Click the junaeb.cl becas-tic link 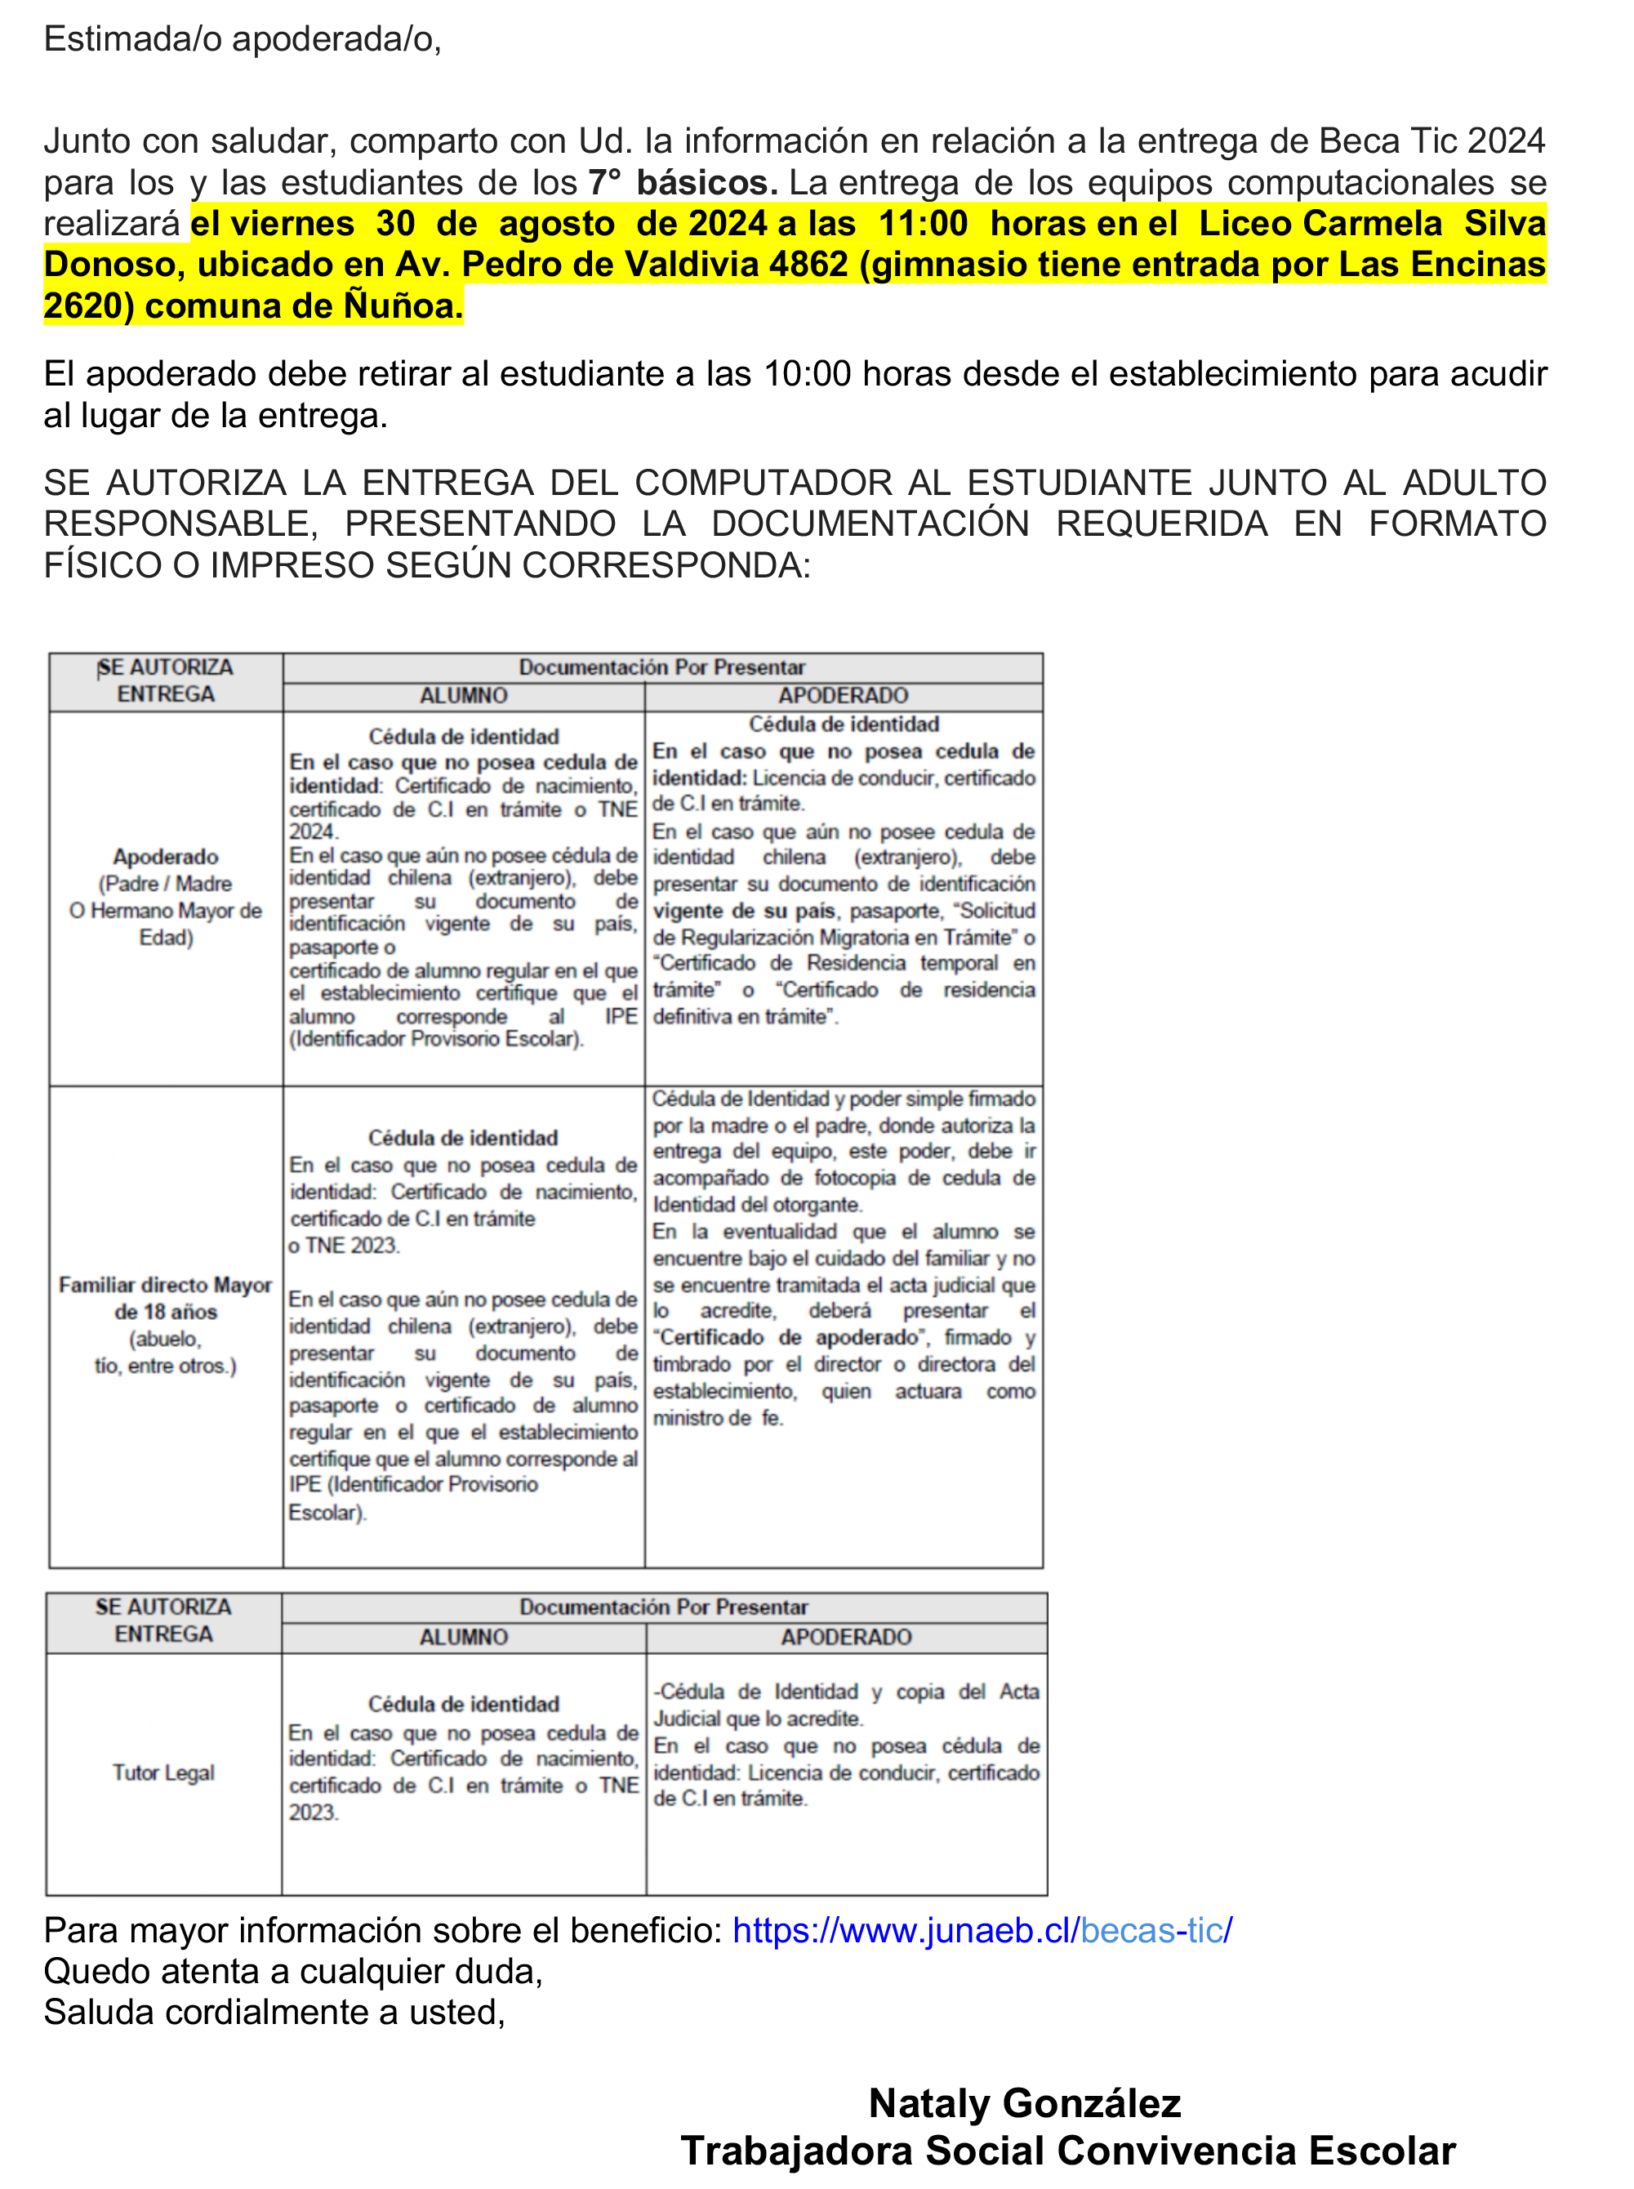[x=982, y=1930]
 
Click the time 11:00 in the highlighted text [x=923, y=224]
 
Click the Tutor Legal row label [x=163, y=1772]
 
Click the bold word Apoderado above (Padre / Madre [x=165, y=857]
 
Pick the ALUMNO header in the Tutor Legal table [x=463, y=1637]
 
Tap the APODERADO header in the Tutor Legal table [x=846, y=1637]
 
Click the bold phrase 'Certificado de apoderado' [x=788, y=1337]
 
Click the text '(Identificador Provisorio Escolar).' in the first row [x=436, y=1039]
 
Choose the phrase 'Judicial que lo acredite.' [x=758, y=1719]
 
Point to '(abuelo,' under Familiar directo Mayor [x=165, y=1339]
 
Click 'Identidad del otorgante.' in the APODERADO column [x=758, y=1205]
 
